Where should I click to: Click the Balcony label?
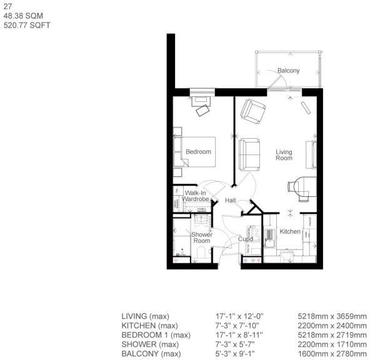coord(288,71)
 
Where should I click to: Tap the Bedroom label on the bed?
coord(198,151)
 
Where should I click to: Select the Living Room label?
coord(284,155)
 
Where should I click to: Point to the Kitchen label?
coord(290,232)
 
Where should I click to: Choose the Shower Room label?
coord(201,238)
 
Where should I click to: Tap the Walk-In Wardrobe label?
coord(199,196)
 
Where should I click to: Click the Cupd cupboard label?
coord(245,239)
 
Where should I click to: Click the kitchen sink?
coord(269,235)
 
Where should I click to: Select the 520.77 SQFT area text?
coord(27,26)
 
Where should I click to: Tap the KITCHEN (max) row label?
coord(149,326)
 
